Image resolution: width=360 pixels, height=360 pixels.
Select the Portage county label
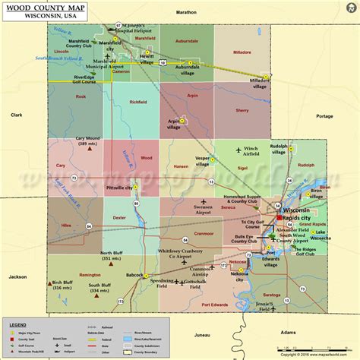[x=324, y=116]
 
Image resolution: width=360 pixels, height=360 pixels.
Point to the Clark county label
[x=17, y=115]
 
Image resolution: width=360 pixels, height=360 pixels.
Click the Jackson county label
[x=17, y=277]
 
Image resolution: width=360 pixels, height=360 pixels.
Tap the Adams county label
[x=288, y=333]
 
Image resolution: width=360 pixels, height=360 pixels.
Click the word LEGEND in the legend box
[x=17, y=324]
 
